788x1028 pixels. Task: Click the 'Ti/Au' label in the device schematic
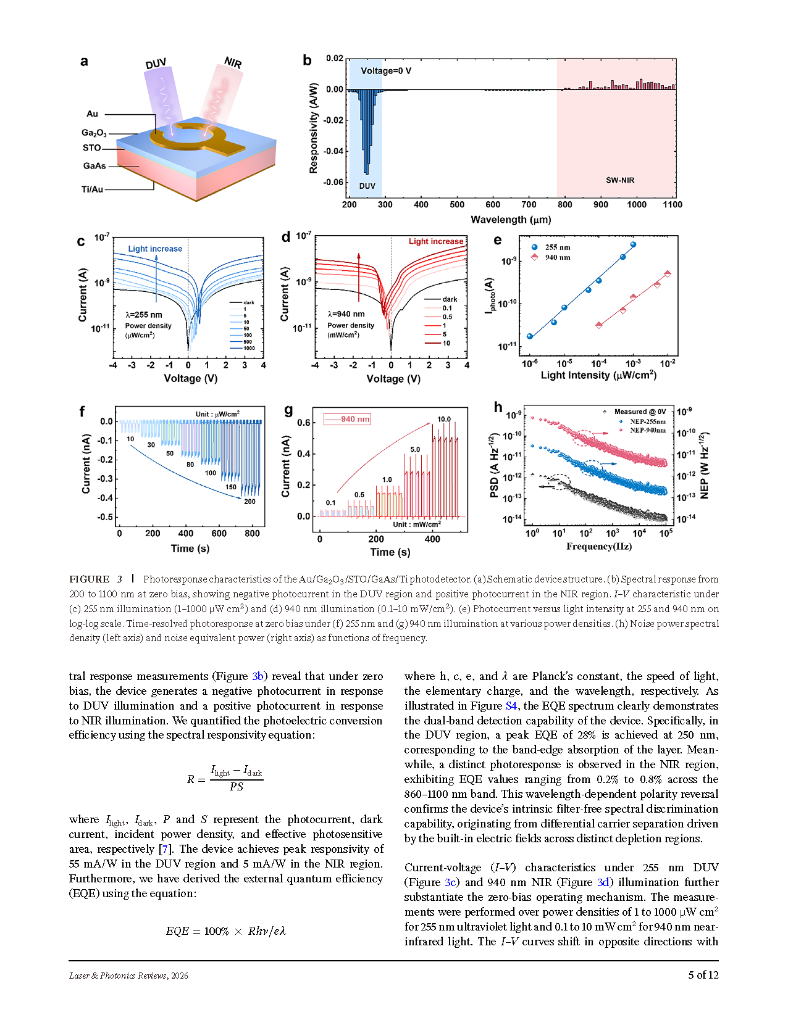(92, 189)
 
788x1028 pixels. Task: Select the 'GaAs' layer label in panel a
(94, 166)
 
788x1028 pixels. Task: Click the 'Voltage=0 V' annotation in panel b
(386, 71)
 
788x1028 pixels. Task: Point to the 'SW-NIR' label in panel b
(620, 180)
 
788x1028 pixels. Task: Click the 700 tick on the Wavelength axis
(529, 205)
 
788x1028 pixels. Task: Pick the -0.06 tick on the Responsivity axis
(333, 182)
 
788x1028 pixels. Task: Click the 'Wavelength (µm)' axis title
(511, 220)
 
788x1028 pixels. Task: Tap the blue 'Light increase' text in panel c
(155, 249)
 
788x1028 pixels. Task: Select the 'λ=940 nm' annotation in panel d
(346, 314)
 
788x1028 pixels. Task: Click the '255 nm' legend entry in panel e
(558, 247)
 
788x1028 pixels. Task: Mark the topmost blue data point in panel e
(633, 245)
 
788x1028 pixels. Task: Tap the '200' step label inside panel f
(249, 502)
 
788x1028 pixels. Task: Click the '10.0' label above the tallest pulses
(444, 419)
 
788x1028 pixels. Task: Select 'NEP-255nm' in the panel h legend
(647, 421)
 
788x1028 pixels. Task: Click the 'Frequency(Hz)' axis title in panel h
(599, 546)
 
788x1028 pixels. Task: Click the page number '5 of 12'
(703, 975)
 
